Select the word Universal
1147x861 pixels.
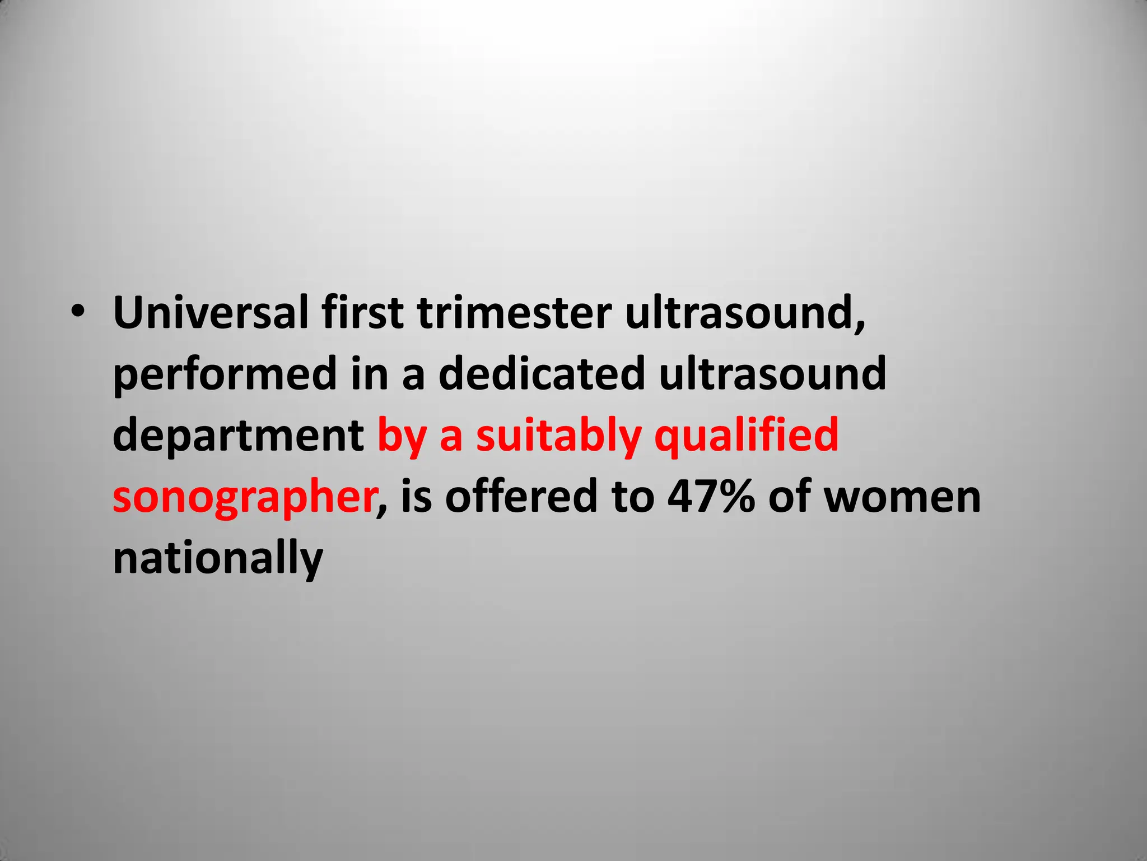[x=211, y=312]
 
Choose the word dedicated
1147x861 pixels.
[x=542, y=374]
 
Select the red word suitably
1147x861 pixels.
[x=558, y=437]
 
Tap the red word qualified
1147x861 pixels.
[x=747, y=436]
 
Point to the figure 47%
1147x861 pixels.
[x=711, y=497]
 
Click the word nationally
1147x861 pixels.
[x=218, y=559]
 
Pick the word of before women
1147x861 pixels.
[x=789, y=497]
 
